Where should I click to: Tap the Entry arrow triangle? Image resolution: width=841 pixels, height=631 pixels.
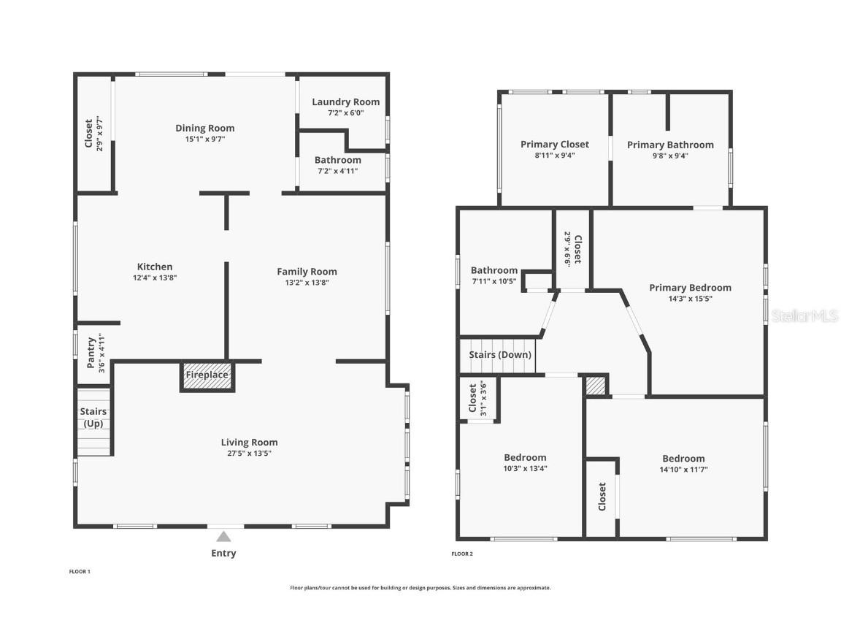coord(223,537)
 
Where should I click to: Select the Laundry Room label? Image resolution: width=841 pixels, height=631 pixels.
coord(345,102)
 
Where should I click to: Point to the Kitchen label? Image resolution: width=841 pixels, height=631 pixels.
coord(155,267)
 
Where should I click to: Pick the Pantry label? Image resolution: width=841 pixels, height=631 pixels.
coord(91,353)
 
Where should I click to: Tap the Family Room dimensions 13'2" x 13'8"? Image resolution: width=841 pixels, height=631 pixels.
coord(307,282)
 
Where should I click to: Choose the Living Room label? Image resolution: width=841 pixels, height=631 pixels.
coord(250,442)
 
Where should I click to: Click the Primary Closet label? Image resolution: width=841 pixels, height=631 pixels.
coord(555,145)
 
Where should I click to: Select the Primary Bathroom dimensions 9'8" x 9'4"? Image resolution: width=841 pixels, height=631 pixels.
coord(670,156)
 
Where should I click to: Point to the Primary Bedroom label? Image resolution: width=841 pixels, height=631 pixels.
coord(691,288)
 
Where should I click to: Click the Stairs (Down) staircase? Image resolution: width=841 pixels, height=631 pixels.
coord(498,355)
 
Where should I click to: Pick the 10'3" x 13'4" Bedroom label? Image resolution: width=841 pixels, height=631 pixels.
coord(525,457)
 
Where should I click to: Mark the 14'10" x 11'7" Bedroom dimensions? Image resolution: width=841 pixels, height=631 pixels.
coord(684,470)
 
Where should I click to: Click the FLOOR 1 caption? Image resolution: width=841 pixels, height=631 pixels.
coord(80,571)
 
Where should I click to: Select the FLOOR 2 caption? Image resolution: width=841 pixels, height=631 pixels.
coord(462,554)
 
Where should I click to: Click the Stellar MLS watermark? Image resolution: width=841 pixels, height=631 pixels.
coord(804,315)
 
